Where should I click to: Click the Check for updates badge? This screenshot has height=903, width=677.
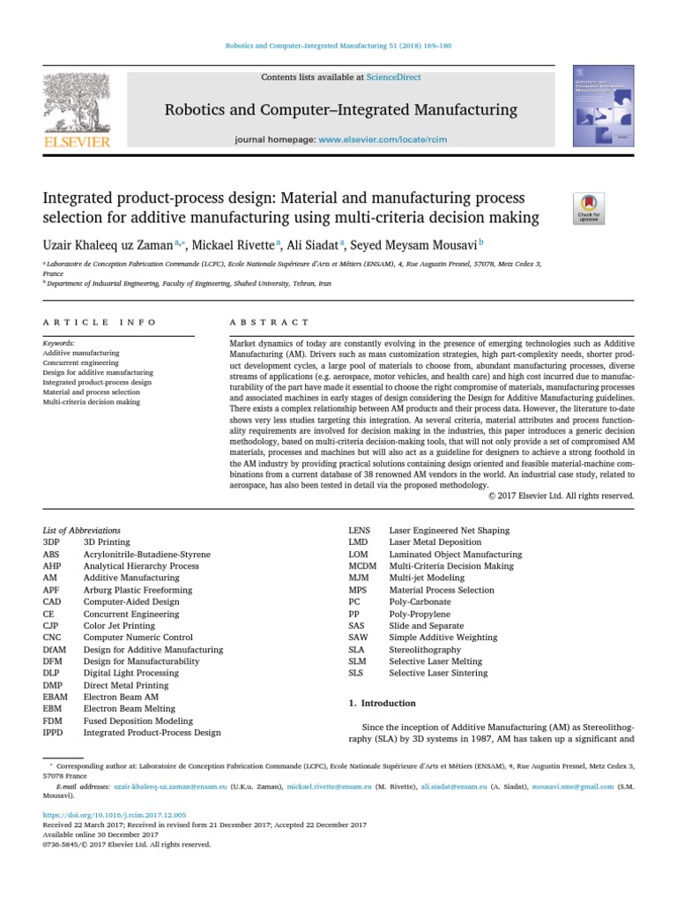tap(589, 208)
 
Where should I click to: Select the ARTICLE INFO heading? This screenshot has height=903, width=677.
tap(100, 323)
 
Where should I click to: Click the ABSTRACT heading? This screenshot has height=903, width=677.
tap(270, 323)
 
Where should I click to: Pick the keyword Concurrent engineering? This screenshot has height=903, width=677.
tap(80, 362)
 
